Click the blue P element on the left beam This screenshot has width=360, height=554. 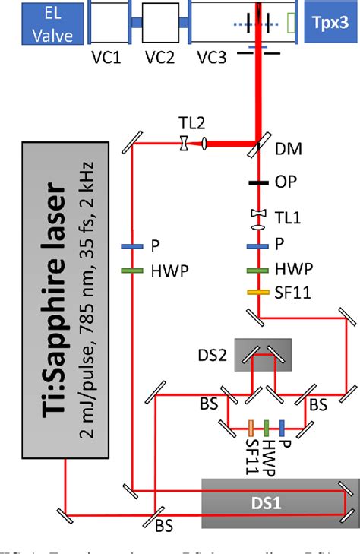132,246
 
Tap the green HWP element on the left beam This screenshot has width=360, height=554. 132,269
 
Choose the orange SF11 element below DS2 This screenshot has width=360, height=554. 251,427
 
